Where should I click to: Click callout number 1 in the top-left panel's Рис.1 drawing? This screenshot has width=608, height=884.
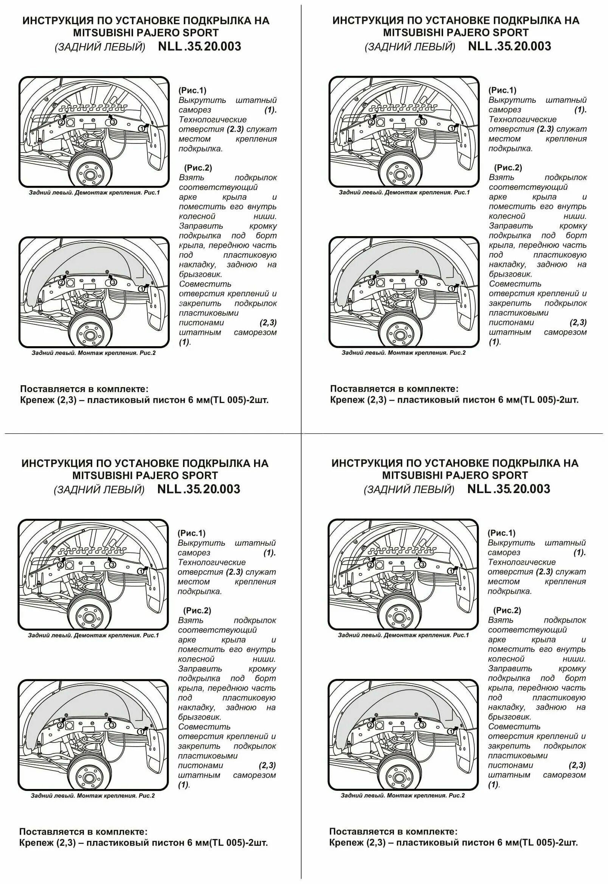(x=141, y=129)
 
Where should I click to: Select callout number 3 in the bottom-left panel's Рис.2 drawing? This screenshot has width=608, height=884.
(x=112, y=725)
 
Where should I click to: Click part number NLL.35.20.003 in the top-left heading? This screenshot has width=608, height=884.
(x=199, y=47)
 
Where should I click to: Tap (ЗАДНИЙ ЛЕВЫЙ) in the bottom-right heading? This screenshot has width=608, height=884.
(x=409, y=489)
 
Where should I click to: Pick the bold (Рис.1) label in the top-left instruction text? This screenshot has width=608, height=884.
(x=192, y=90)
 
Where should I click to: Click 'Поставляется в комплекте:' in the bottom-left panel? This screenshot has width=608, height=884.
(x=83, y=831)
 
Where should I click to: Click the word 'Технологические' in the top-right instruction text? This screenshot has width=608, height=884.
(x=523, y=119)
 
